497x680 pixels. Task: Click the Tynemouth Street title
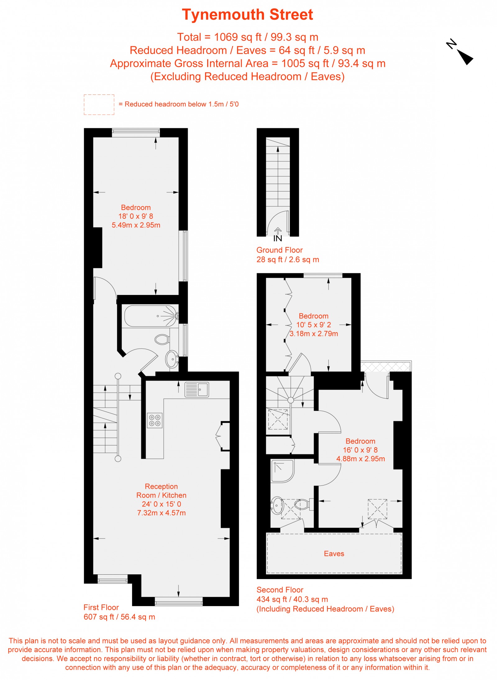point(247,15)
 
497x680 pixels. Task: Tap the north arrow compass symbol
point(462,53)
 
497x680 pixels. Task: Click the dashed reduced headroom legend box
point(99,104)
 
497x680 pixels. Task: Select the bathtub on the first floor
point(151,316)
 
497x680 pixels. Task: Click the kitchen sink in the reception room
point(197,389)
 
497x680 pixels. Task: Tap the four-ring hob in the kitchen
point(154,420)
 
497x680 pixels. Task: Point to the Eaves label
point(334,554)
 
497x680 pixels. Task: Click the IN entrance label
point(278,238)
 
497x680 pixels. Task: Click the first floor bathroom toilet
point(162,339)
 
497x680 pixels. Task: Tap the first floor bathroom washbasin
point(172,359)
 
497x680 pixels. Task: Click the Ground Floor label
point(279,250)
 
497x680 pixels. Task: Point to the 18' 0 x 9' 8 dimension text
point(136,216)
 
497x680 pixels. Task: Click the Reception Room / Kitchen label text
point(161,491)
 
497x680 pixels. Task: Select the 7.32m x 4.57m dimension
point(161,513)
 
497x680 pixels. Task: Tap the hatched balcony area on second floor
point(385,366)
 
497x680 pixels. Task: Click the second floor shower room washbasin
point(277,506)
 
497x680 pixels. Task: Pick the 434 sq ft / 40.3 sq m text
point(292,599)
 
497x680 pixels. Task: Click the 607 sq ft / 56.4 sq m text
point(119,617)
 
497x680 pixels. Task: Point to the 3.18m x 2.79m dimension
point(314,334)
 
